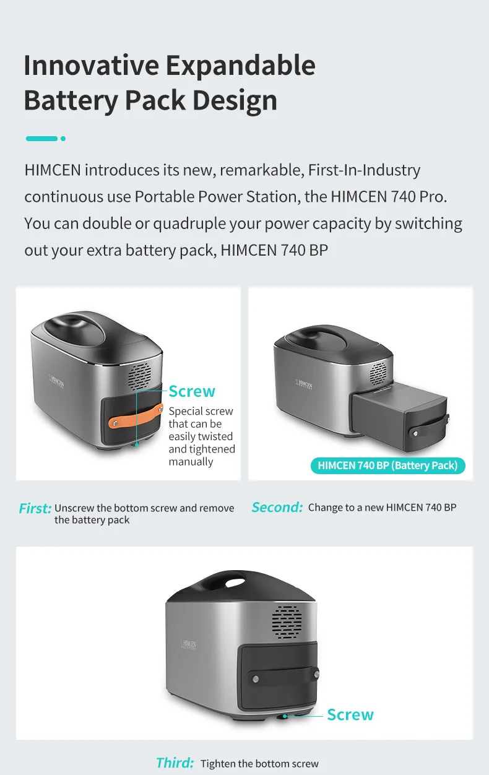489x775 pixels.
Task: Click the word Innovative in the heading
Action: [92, 65]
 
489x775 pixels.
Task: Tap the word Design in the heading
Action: [235, 100]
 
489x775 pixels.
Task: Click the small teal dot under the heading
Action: [63, 139]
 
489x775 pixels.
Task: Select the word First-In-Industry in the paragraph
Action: [364, 170]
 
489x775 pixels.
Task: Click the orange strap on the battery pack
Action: [136, 416]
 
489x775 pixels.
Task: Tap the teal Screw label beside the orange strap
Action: [192, 391]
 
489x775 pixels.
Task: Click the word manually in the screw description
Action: [191, 462]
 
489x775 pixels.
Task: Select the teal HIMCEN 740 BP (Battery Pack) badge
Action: [387, 465]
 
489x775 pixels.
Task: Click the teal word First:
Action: [35, 508]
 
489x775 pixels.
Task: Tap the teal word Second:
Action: [277, 507]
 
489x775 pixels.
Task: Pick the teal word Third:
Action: [175, 763]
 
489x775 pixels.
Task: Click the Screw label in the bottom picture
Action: [350, 715]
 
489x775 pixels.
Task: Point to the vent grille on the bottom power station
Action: [287, 622]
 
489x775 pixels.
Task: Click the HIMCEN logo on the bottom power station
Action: [189, 645]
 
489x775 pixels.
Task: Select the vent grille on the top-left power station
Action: [140, 376]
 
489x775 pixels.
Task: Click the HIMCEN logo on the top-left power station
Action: [56, 381]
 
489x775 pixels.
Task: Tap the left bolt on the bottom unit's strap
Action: [256, 679]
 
